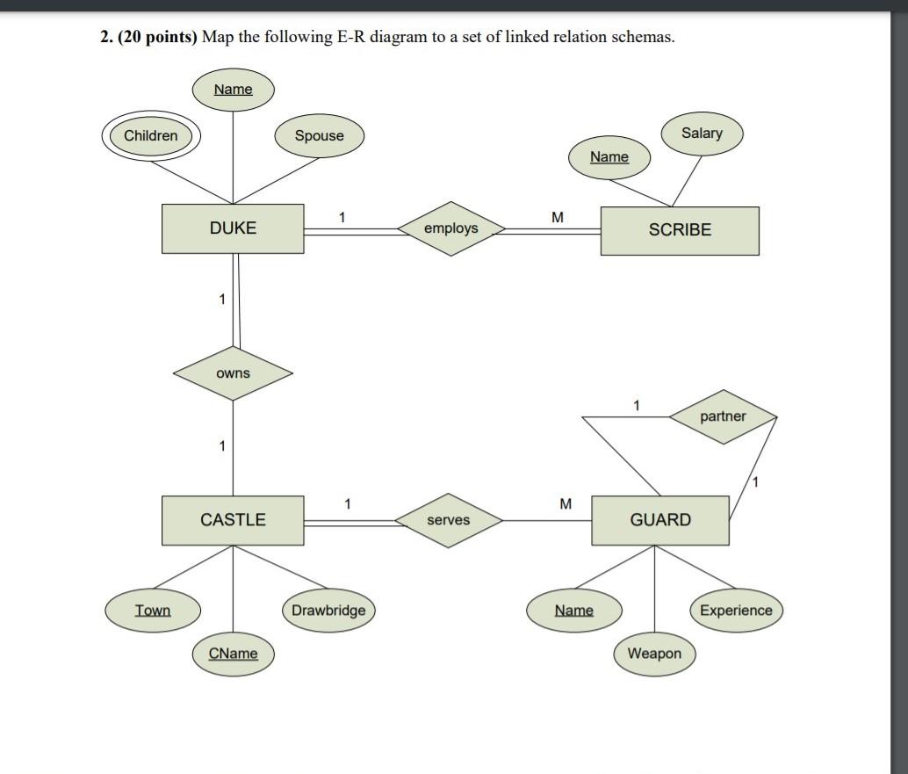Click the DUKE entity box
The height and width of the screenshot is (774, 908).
coord(233,228)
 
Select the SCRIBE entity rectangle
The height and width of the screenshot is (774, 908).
coord(680,230)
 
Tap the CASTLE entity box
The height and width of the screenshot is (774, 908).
coord(233,520)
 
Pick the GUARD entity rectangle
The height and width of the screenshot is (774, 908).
coord(660,520)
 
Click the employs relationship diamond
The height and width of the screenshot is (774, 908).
coord(450,228)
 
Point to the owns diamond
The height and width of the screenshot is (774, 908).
coord(233,373)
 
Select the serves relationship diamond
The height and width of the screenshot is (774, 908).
coord(448,520)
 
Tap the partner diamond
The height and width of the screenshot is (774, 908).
coord(723,416)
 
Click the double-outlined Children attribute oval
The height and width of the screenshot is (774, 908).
coord(151,136)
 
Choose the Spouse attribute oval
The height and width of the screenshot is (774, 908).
coord(319,136)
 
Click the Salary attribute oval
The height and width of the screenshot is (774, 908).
coord(702,134)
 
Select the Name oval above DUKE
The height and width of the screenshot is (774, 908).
coord(233,90)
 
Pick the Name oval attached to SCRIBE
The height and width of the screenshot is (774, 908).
coord(609,157)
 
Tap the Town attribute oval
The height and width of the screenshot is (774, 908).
coord(153,611)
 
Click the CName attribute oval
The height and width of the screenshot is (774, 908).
coord(234,654)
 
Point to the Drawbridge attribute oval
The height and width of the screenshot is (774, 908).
coord(328,611)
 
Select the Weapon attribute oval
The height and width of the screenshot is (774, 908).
coord(654,654)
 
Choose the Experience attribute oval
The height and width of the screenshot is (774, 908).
coord(736,611)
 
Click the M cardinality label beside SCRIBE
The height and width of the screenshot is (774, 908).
coord(557,217)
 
